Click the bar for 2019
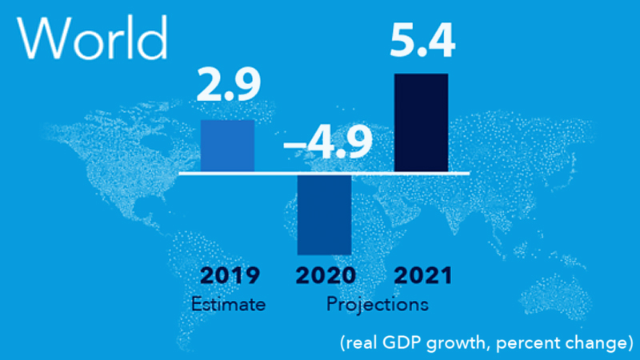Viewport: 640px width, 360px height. pos(228,146)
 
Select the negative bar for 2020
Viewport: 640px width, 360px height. pos(324,214)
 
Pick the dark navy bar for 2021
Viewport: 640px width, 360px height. pos(422,122)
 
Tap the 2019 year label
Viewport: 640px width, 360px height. pos(229,276)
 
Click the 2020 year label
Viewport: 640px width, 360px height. pos(326,276)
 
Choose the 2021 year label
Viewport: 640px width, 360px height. pos(423,276)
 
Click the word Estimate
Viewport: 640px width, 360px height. pos(228,304)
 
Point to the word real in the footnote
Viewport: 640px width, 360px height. pos(360,343)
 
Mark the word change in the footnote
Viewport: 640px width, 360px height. pos(590,343)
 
